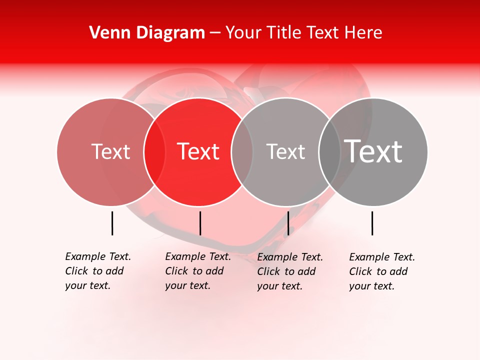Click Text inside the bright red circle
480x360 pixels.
click(x=198, y=151)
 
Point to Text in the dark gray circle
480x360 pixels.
click(x=373, y=151)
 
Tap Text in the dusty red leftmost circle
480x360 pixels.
click(x=110, y=151)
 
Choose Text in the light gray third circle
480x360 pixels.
click(x=285, y=151)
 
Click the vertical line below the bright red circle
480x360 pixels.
click(x=200, y=223)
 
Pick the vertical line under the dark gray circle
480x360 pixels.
click(x=372, y=223)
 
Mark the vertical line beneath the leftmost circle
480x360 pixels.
click(x=112, y=223)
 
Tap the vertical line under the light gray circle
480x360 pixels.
click(x=288, y=223)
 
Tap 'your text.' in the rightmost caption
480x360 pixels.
click(x=371, y=286)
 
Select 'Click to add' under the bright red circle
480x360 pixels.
click(x=194, y=271)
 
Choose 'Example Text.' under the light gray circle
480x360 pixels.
click(x=290, y=257)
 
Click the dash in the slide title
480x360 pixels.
click(x=215, y=32)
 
